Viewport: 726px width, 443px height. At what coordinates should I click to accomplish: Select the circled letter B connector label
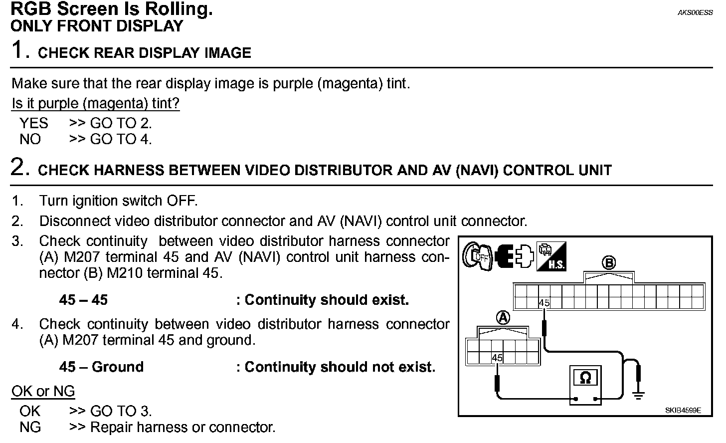(x=608, y=263)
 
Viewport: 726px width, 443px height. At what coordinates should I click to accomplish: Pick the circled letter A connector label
(x=504, y=317)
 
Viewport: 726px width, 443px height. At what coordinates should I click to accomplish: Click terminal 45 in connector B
(x=544, y=302)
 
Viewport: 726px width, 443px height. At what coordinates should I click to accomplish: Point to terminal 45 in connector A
(x=497, y=357)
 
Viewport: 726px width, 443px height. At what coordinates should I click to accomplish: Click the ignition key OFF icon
(x=476, y=256)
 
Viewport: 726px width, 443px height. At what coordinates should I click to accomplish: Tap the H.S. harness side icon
(x=551, y=256)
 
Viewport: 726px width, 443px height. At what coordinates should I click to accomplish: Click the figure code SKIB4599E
(x=683, y=411)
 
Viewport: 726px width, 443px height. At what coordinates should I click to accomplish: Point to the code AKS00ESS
(x=695, y=13)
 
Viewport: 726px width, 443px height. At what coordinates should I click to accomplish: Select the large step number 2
(x=18, y=167)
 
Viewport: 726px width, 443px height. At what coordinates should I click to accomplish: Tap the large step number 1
(x=18, y=50)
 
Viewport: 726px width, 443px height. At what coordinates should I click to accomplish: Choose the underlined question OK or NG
(x=43, y=391)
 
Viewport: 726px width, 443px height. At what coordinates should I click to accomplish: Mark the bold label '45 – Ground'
(x=101, y=367)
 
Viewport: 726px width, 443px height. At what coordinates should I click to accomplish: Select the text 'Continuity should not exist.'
(x=340, y=367)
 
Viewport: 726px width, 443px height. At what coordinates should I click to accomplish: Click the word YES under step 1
(x=34, y=123)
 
